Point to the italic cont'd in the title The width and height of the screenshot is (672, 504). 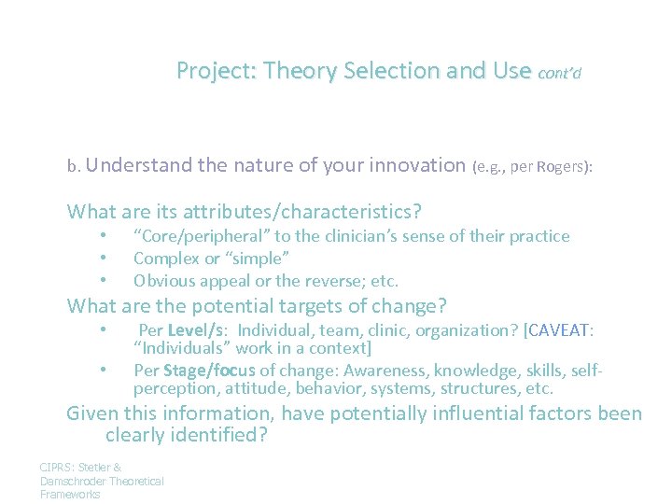(x=560, y=73)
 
